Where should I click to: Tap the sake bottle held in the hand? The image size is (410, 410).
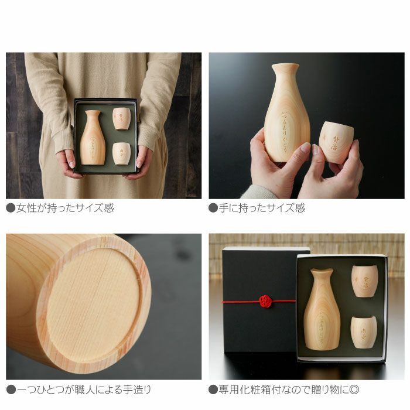point(286,117)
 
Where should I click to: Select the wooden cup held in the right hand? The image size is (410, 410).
point(336,142)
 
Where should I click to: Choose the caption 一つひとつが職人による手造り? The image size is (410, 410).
point(79,389)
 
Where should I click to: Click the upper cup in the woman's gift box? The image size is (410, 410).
point(121,118)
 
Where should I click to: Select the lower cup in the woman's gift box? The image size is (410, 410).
point(121,153)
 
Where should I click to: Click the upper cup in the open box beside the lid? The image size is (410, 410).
point(364,281)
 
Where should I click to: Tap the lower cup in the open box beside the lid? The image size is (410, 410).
point(363,332)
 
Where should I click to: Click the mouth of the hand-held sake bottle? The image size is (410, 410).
point(285,66)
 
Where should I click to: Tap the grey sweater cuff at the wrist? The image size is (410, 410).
point(258,192)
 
